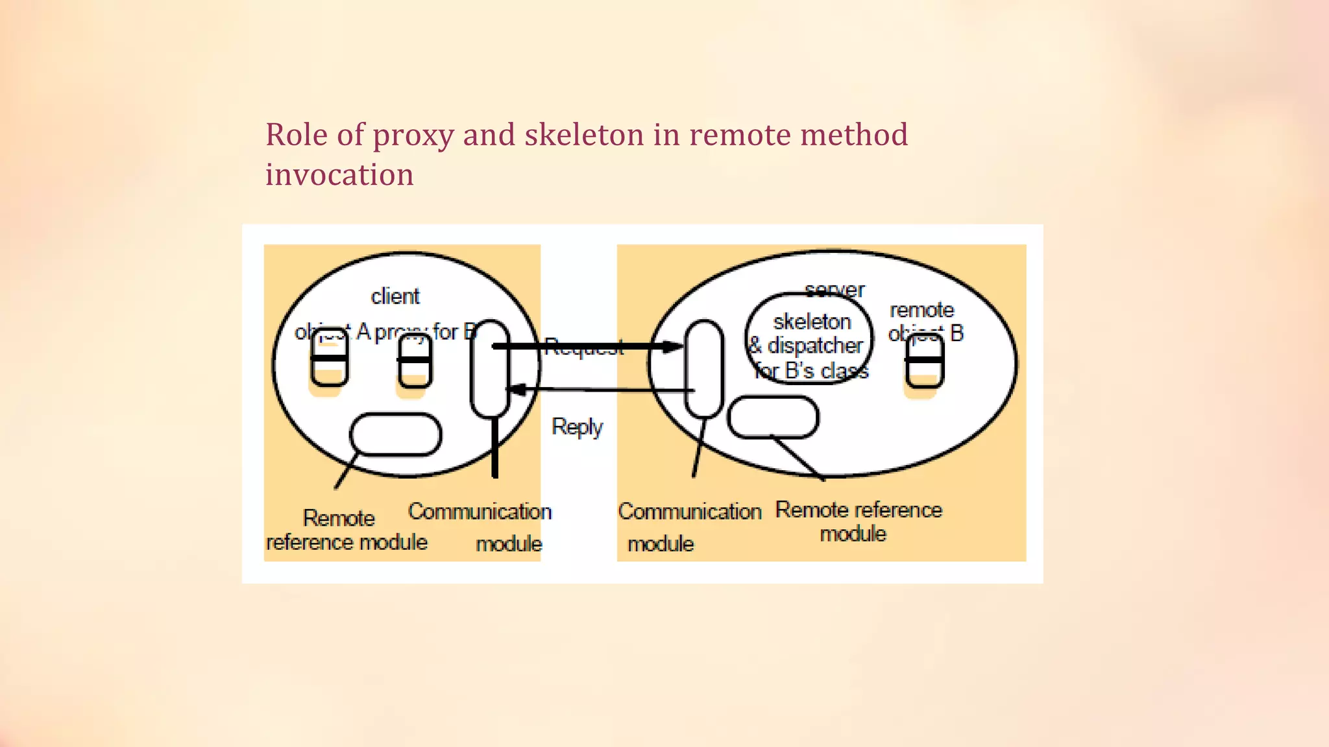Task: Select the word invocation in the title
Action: click(339, 175)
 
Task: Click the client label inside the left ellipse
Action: click(395, 296)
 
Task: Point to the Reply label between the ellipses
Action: click(577, 427)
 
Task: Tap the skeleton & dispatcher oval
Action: click(809, 339)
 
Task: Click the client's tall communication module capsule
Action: click(490, 369)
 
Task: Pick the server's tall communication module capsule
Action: click(704, 368)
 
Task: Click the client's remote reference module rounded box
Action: click(396, 434)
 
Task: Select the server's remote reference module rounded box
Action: click(773, 418)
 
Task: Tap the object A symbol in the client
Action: click(330, 358)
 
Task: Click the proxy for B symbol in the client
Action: click(414, 362)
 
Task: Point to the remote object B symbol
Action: click(925, 361)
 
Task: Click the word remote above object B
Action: click(921, 310)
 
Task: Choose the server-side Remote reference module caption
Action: click(858, 521)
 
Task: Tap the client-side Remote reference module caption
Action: click(347, 530)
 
